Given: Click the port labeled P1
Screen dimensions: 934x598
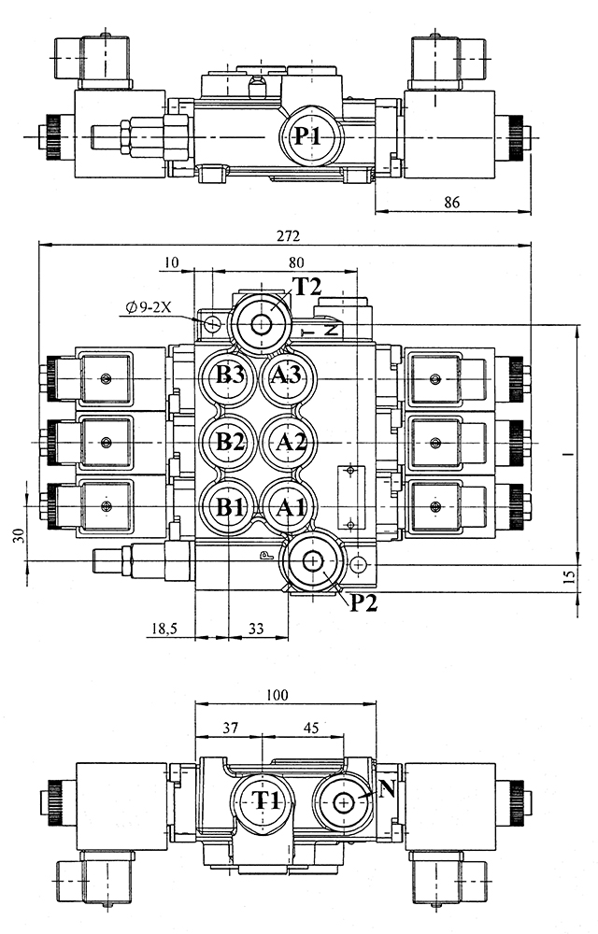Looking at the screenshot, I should tap(308, 136).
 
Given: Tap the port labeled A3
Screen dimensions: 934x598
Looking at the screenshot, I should tap(288, 376).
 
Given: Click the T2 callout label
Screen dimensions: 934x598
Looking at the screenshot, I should tap(307, 286).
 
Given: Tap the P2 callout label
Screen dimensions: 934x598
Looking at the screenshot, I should tap(364, 602).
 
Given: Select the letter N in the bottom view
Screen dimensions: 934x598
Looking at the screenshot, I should tap(388, 789).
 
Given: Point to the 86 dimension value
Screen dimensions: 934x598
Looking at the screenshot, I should tap(453, 201).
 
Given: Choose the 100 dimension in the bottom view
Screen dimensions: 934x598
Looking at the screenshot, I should tap(277, 695).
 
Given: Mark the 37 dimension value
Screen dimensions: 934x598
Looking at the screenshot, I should tap(228, 727).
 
